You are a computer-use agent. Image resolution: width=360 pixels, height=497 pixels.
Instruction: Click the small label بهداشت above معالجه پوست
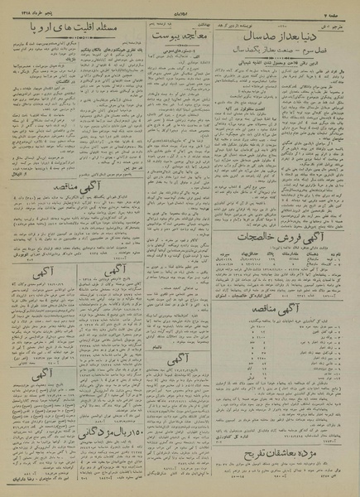(209, 25)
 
